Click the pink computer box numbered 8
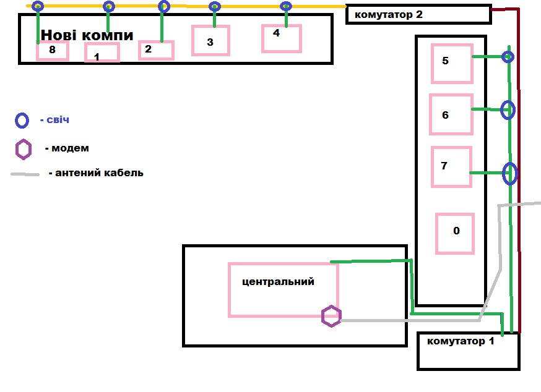[x=52, y=51]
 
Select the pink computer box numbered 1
[x=102, y=53]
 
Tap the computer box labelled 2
[x=156, y=50]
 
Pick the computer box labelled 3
[x=210, y=41]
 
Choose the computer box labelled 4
[x=281, y=38]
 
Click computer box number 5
[x=452, y=64]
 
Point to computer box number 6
[x=451, y=114]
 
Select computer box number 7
[x=451, y=166]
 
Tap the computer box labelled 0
[x=455, y=233]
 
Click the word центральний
[x=278, y=282]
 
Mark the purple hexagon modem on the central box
[x=331, y=316]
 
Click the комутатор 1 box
[x=468, y=351]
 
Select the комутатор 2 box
[x=417, y=14]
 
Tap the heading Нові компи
[x=87, y=35]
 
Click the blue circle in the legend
[x=22, y=121]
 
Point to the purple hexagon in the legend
[x=24, y=149]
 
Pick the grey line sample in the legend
[x=25, y=174]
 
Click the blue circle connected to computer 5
[x=508, y=58]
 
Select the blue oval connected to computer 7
[x=509, y=173]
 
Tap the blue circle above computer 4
[x=285, y=7]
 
